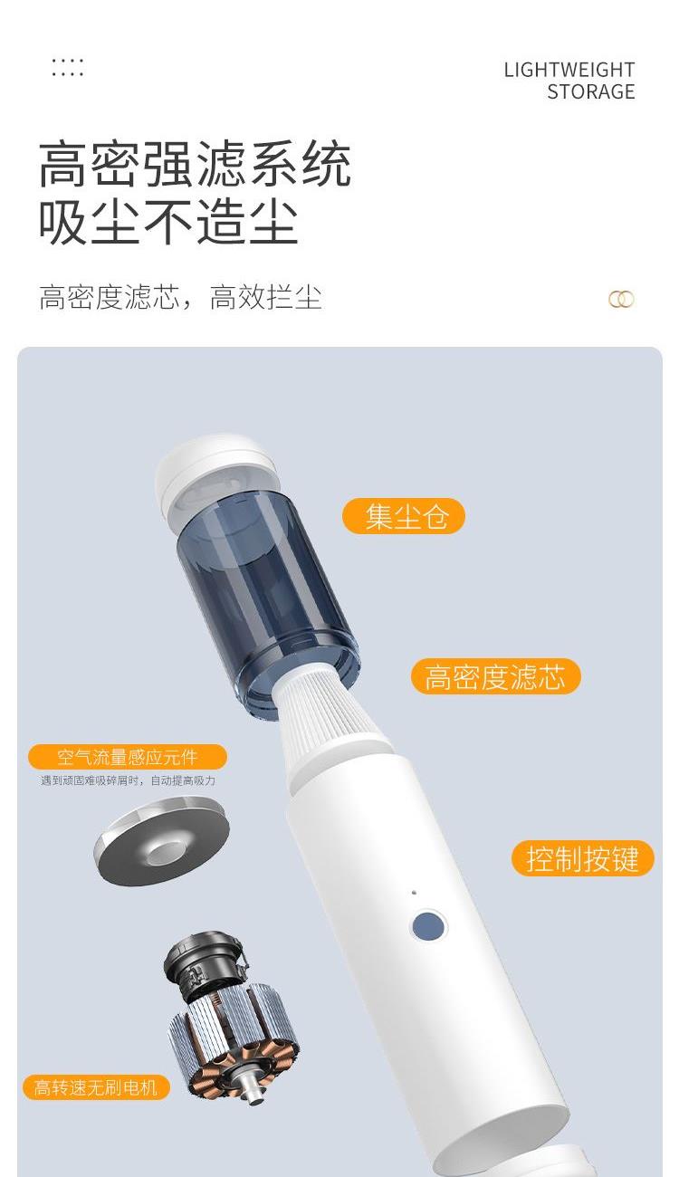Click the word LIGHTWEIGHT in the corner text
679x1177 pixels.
click(x=569, y=70)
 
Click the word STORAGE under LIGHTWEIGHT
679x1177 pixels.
click(x=590, y=92)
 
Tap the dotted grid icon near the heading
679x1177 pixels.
click(x=67, y=67)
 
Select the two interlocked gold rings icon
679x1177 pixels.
click(x=621, y=299)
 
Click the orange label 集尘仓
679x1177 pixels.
click(x=404, y=516)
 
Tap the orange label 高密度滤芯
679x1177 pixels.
click(x=495, y=676)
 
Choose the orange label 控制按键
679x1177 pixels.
click(x=583, y=858)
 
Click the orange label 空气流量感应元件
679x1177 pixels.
click(x=128, y=757)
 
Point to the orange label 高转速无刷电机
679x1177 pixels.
click(x=96, y=1087)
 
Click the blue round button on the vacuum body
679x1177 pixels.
click(x=427, y=925)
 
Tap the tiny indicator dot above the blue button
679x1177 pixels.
click(x=414, y=892)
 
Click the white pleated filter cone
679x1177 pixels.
click(x=329, y=711)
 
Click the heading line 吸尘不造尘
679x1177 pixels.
click(x=168, y=222)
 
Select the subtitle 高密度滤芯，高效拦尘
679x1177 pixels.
click(x=180, y=297)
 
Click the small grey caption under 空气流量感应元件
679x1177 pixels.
click(x=129, y=780)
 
